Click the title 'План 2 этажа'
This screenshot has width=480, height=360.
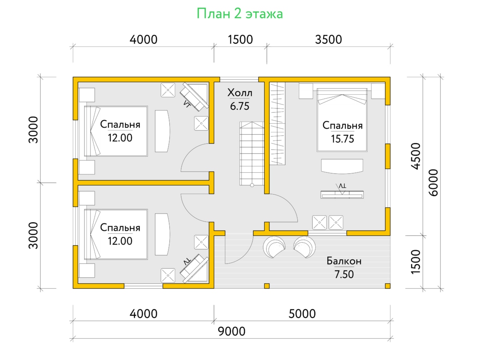coord(240,14)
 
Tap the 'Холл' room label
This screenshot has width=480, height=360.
coord(240,93)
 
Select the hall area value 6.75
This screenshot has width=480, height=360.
coord(240,106)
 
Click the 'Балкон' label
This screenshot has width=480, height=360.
coord(344,261)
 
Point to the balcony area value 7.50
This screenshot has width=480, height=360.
coord(344,274)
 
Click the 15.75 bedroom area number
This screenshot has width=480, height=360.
coord(342,139)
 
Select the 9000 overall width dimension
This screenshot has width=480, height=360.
coord(232,331)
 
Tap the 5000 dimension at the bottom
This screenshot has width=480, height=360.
coord(302,314)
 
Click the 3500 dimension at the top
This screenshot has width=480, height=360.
coord(328,40)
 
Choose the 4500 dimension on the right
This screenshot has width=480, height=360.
coord(416,156)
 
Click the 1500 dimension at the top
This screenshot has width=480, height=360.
coord(240,40)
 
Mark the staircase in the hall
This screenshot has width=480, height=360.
coord(252,154)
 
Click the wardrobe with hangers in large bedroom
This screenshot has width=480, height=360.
coord(277,124)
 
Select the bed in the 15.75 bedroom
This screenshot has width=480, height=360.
coord(342,120)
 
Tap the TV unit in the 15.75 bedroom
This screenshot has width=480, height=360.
coord(342,194)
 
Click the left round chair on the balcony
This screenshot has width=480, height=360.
coord(274,247)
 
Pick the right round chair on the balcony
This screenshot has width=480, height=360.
coord(304,247)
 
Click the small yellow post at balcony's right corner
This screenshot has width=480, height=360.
coord(388,286)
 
